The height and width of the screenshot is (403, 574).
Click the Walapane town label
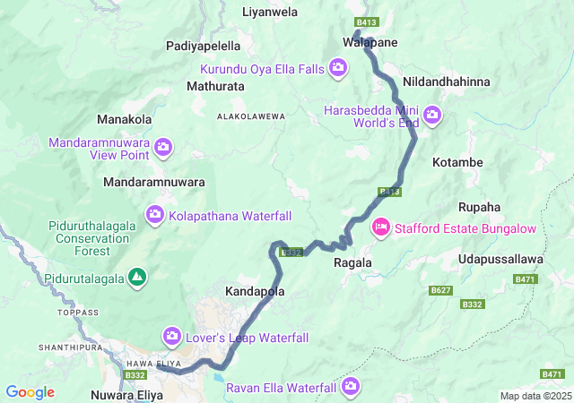[370, 42]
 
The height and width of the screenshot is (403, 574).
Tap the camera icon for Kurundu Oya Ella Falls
[338, 66]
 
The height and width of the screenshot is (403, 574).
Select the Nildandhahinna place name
[447, 81]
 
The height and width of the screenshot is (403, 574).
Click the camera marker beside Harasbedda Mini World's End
[432, 115]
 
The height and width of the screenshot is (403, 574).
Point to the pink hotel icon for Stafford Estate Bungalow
[380, 228]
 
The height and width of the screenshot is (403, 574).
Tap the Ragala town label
[352, 263]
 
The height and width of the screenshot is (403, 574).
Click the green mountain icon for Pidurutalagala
[136, 278]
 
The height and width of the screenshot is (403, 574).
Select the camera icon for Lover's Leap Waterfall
[171, 337]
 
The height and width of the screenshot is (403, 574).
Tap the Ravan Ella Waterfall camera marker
[350, 387]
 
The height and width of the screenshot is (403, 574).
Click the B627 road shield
[439, 291]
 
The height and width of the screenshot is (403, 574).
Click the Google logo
[30, 392]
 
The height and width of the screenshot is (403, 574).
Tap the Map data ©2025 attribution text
[535, 396]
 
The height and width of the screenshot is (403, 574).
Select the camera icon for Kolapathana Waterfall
[154, 215]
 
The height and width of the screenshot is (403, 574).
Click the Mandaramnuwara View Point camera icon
[163, 146]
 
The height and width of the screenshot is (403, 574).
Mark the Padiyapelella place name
[204, 45]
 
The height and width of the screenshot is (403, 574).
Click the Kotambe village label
[457, 162]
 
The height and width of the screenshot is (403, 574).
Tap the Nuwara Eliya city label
[130, 394]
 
